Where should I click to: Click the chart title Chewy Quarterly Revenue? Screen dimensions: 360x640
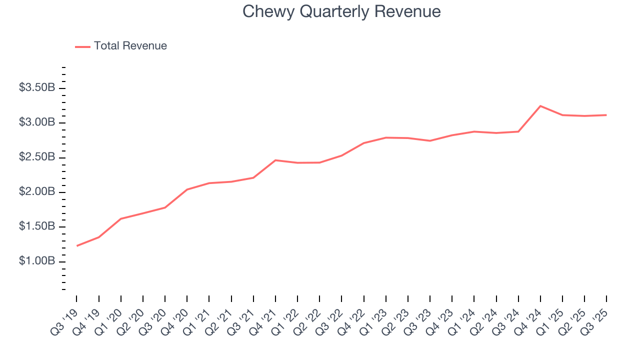(x=341, y=11)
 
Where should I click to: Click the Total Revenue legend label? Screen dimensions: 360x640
(x=130, y=46)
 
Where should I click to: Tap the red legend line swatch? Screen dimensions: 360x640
(x=82, y=46)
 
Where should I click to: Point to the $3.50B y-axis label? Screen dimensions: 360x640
(x=37, y=88)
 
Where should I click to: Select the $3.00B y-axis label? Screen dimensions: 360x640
(x=37, y=123)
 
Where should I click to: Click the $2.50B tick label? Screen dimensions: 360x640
(x=37, y=157)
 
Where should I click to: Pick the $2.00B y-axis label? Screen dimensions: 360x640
(x=37, y=192)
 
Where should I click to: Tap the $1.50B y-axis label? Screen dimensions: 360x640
(x=37, y=227)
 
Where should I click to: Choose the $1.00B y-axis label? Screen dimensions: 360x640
(x=37, y=261)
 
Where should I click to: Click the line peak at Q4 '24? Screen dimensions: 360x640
(x=540, y=106)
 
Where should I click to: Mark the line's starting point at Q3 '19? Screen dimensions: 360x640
(x=77, y=245)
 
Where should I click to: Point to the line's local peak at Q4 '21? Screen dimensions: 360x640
(x=275, y=160)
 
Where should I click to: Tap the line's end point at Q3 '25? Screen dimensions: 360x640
(x=606, y=115)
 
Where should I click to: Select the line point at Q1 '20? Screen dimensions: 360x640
(x=121, y=218)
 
